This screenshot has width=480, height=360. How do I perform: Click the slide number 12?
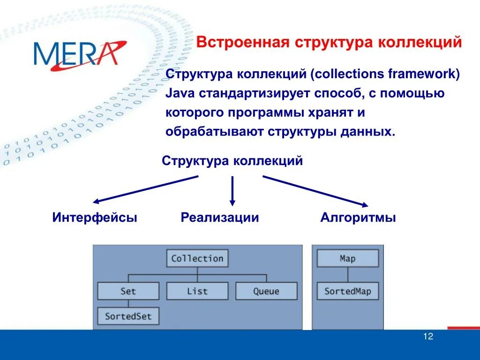click(428, 336)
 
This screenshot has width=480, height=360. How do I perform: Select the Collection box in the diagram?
click(197, 258)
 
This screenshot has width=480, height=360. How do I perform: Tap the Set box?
click(128, 291)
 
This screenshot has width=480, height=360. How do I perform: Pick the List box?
click(197, 291)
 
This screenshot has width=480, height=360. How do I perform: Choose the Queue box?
click(266, 291)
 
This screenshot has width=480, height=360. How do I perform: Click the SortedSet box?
click(128, 316)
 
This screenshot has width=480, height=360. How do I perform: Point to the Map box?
click(348, 258)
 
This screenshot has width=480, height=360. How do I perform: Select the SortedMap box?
click(348, 291)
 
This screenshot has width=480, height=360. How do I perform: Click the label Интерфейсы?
click(95, 217)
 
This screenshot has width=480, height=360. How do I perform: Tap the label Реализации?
click(220, 217)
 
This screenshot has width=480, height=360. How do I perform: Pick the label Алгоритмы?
click(358, 217)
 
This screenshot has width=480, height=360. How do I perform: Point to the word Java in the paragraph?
click(180, 93)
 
